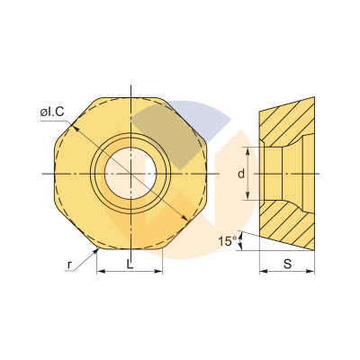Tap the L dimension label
coord(130,263)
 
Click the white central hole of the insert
coord(130,171)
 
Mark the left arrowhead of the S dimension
coord(263,270)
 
